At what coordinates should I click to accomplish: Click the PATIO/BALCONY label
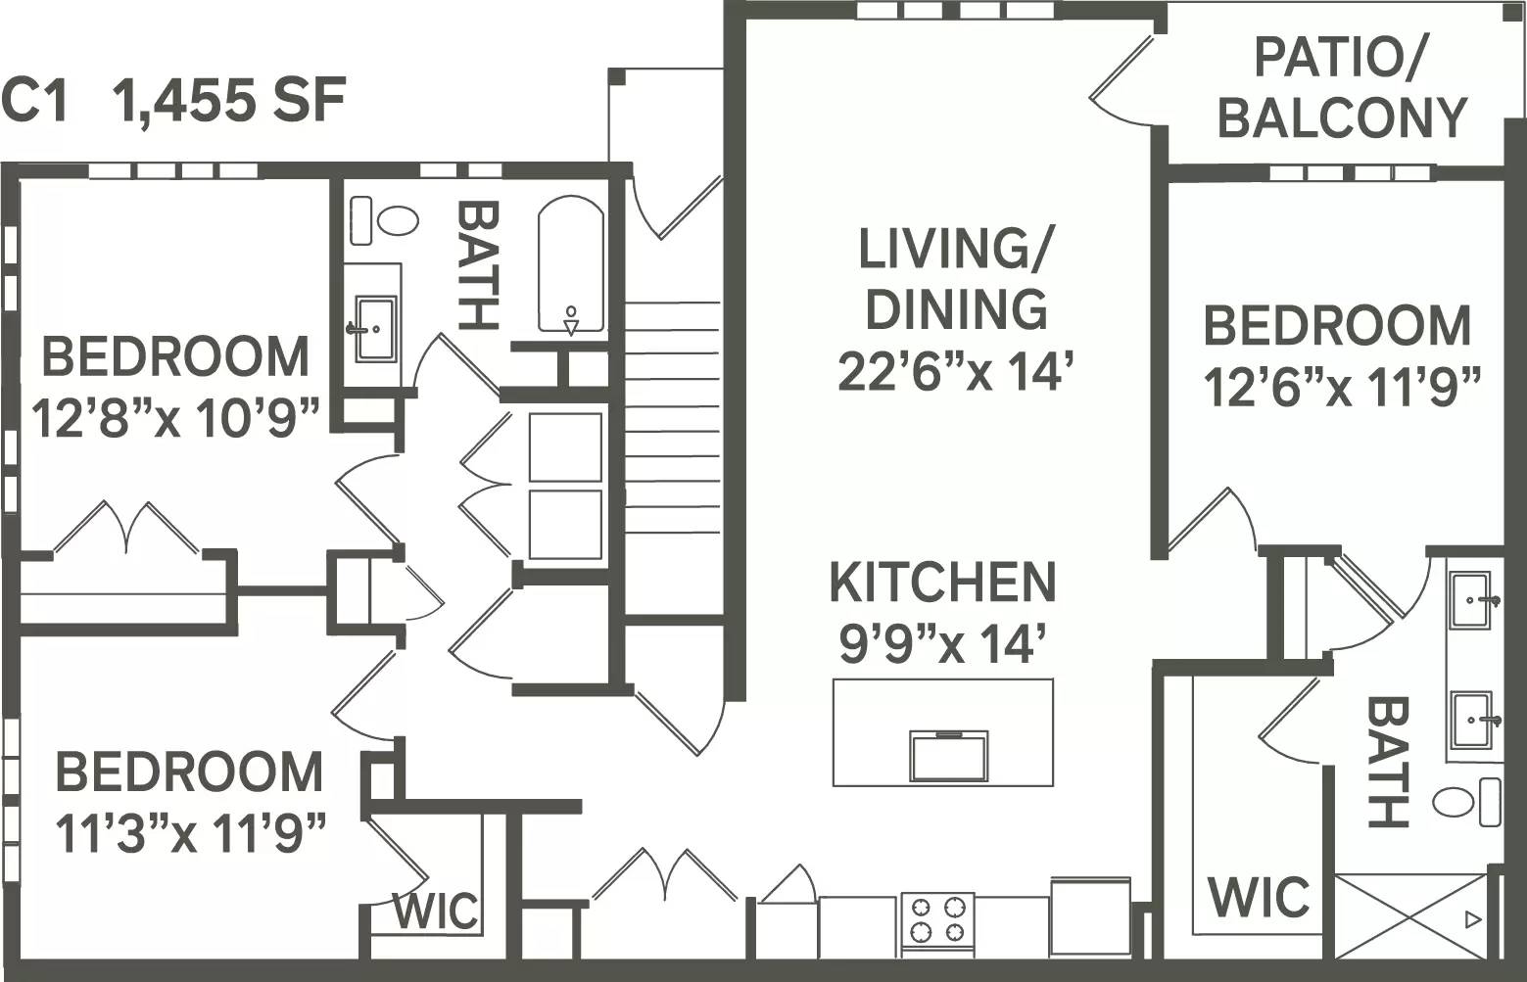pyautogui.click(x=1341, y=89)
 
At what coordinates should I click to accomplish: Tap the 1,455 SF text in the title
pyautogui.click(x=230, y=101)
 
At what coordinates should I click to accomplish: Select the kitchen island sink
pyautogui.click(x=947, y=755)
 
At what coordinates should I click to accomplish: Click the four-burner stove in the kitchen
pyautogui.click(x=937, y=919)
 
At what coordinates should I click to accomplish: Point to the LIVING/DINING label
pyautogui.click(x=954, y=278)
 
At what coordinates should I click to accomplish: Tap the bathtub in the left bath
pyautogui.click(x=570, y=264)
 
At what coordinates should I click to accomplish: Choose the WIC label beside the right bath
pyautogui.click(x=1258, y=897)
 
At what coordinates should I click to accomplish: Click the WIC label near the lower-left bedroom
pyautogui.click(x=436, y=912)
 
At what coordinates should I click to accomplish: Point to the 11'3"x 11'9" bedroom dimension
pyautogui.click(x=189, y=834)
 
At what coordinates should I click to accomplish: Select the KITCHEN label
pyautogui.click(x=942, y=583)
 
